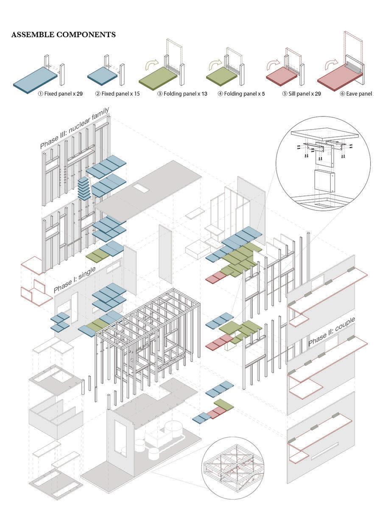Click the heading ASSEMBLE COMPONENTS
pos(63,35)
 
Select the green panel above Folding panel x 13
pos(158,77)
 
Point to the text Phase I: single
pos(75,280)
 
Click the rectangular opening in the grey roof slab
pos(140,188)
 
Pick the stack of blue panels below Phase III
pos(84,189)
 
